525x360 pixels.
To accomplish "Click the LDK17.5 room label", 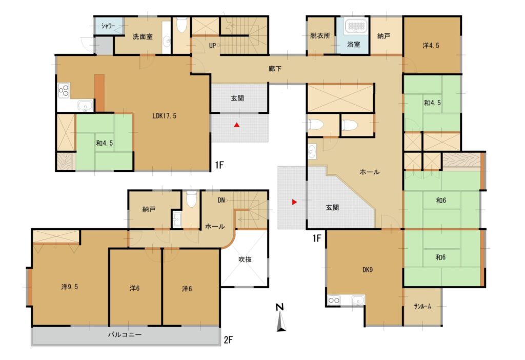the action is pyautogui.click(x=164, y=116).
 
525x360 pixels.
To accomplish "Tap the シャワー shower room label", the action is pyautogui.click(x=108, y=26).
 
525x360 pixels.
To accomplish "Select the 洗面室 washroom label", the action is pyautogui.click(x=143, y=36).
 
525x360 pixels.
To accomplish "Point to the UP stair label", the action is pyautogui.click(x=212, y=46).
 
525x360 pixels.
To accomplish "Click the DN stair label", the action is pyautogui.click(x=221, y=201).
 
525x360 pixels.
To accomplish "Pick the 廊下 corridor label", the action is pyautogui.click(x=275, y=69).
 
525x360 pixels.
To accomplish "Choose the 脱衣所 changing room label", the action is pyautogui.click(x=320, y=35).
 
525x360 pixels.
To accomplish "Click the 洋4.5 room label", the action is pyautogui.click(x=431, y=45).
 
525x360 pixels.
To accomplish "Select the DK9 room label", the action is pyautogui.click(x=368, y=270).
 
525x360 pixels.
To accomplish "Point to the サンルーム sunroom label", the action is pyautogui.click(x=422, y=306).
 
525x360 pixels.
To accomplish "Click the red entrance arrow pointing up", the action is pyautogui.click(x=237, y=125).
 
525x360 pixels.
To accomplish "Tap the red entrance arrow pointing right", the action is pyautogui.click(x=294, y=202).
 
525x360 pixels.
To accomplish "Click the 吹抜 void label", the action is pyautogui.click(x=245, y=259).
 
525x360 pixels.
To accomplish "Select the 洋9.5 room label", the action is pyautogui.click(x=70, y=287).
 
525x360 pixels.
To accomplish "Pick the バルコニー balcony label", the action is pyautogui.click(x=125, y=334).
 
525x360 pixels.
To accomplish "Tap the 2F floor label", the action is pyautogui.click(x=228, y=340).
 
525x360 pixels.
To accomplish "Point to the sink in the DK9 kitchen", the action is pyautogui.click(x=358, y=301).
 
